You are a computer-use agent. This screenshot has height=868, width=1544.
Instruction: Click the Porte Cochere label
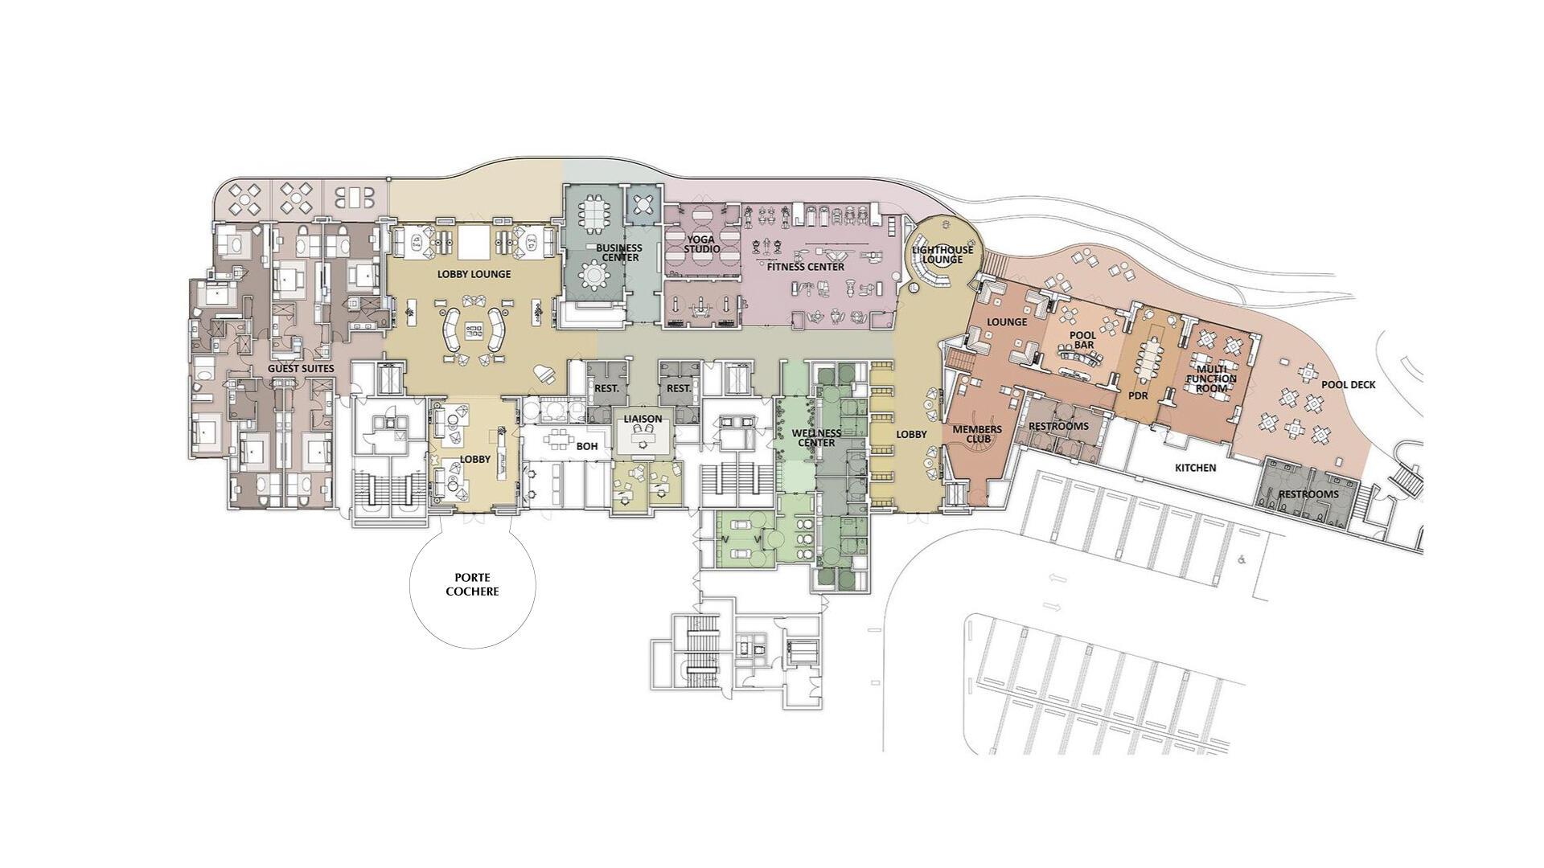(x=472, y=584)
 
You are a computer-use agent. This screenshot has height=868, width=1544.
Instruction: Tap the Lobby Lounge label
(x=474, y=274)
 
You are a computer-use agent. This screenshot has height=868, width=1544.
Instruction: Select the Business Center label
(x=618, y=252)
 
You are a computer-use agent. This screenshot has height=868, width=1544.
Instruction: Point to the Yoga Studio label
(x=701, y=244)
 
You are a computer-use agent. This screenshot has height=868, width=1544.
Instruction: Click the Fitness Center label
(x=805, y=267)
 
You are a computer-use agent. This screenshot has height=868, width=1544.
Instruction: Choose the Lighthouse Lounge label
(x=942, y=254)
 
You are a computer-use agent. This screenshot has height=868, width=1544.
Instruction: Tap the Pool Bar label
(x=1082, y=340)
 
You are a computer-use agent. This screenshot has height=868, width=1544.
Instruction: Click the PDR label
(x=1137, y=395)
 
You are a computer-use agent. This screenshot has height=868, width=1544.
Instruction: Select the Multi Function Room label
(x=1211, y=379)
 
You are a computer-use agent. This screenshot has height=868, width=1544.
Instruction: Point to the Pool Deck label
(x=1348, y=385)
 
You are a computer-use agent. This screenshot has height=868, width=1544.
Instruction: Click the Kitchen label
(x=1195, y=468)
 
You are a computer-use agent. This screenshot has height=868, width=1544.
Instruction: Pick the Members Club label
(x=977, y=434)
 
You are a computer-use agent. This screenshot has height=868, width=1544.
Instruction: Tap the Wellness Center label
(x=816, y=438)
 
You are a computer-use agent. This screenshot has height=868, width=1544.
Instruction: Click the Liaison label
(x=643, y=419)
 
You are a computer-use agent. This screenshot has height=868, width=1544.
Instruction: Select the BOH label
(x=587, y=446)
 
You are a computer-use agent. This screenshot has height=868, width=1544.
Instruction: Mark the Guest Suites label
(x=301, y=369)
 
